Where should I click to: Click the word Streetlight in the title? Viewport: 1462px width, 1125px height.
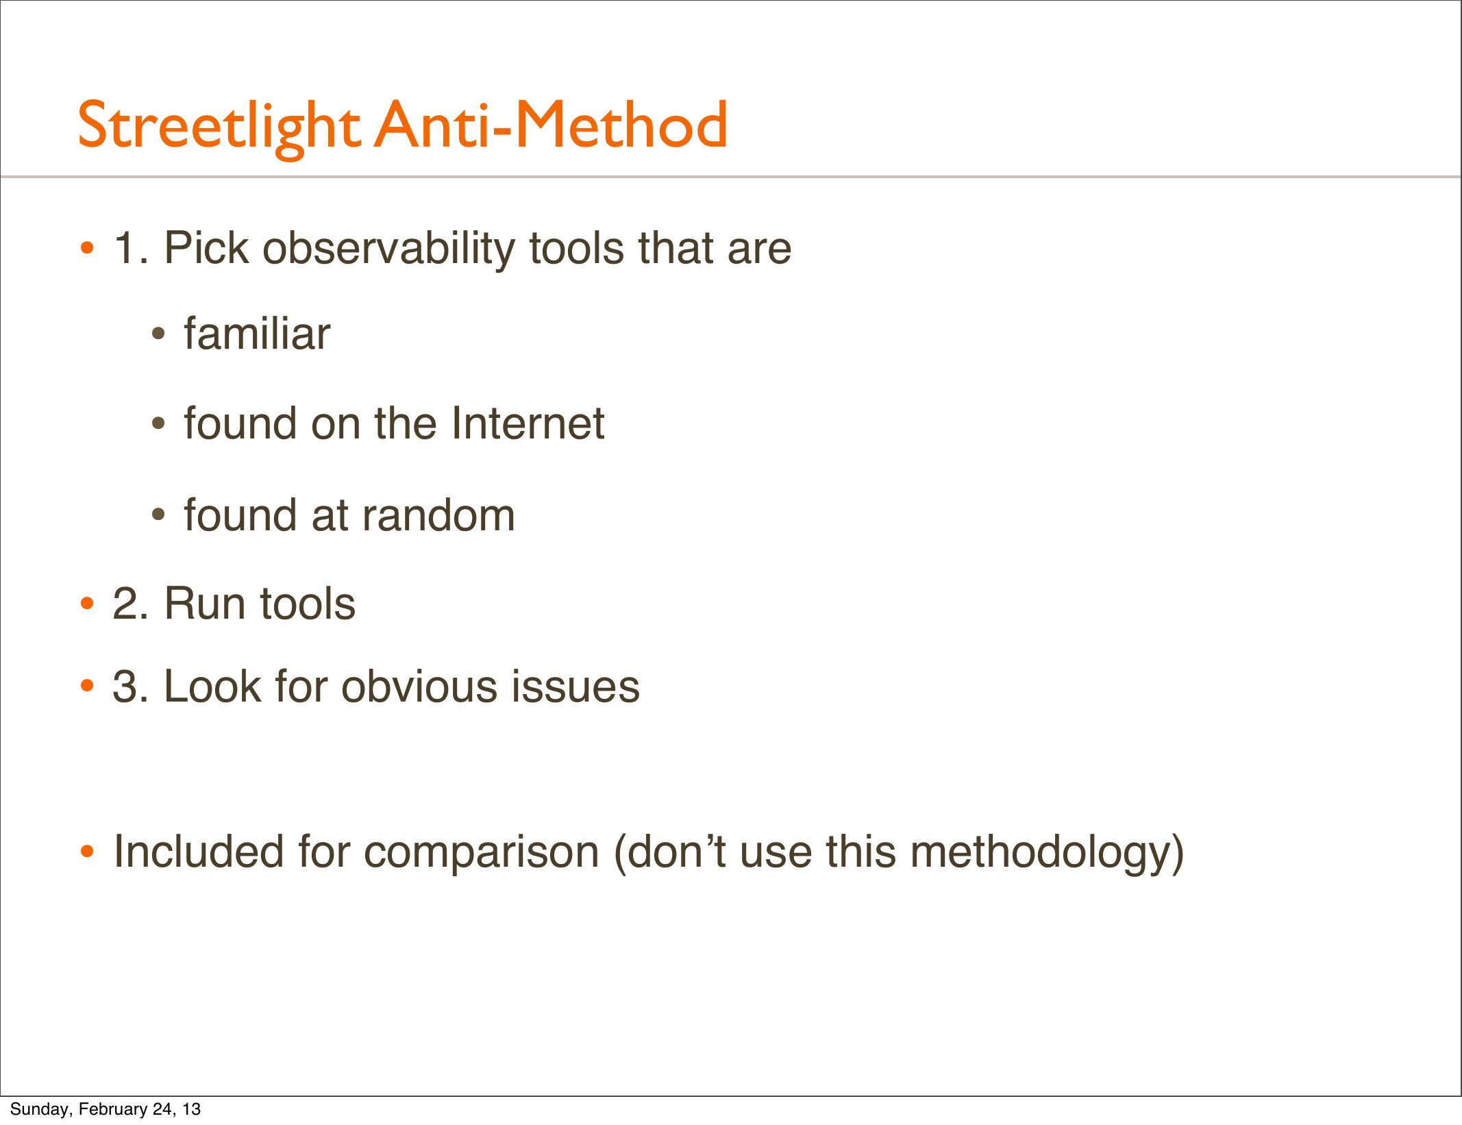[x=219, y=127]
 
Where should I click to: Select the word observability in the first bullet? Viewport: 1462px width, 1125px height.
[x=388, y=249]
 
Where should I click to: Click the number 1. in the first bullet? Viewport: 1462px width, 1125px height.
[x=131, y=248]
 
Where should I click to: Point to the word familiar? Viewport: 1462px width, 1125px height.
[x=257, y=334]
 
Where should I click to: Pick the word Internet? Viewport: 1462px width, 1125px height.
[x=528, y=423]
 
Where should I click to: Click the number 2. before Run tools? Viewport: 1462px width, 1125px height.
[x=131, y=604]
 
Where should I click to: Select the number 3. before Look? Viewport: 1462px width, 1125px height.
[x=131, y=687]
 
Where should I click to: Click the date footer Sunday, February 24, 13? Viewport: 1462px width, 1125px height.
[x=106, y=1109]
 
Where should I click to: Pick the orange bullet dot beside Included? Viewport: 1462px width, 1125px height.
[x=87, y=852]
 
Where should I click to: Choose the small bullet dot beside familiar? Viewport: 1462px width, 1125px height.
[x=158, y=334]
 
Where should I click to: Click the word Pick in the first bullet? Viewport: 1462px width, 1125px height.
[x=206, y=248]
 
